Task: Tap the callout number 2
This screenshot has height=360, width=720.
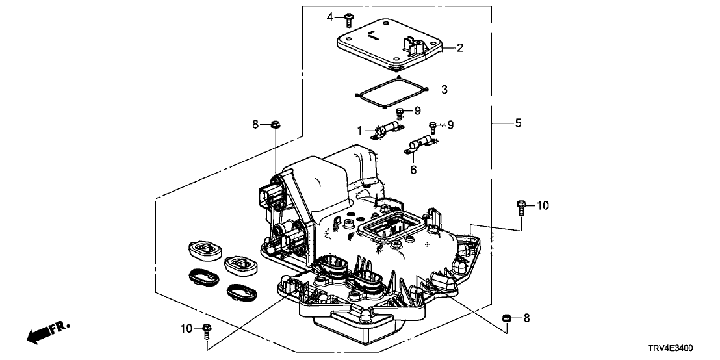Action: pyautogui.click(x=459, y=47)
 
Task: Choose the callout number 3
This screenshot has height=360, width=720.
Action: pyautogui.click(x=444, y=89)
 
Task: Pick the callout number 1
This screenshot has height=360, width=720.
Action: pyautogui.click(x=359, y=131)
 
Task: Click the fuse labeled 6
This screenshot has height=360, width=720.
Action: pyautogui.click(x=420, y=144)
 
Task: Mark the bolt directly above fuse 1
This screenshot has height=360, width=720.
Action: pyautogui.click(x=400, y=113)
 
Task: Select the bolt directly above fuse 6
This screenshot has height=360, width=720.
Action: pyautogui.click(x=433, y=126)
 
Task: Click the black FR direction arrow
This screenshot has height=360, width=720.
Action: pyautogui.click(x=40, y=335)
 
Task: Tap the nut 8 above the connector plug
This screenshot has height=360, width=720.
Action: pyautogui.click(x=274, y=123)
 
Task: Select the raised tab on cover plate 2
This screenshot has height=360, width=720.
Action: pyautogui.click(x=410, y=44)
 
